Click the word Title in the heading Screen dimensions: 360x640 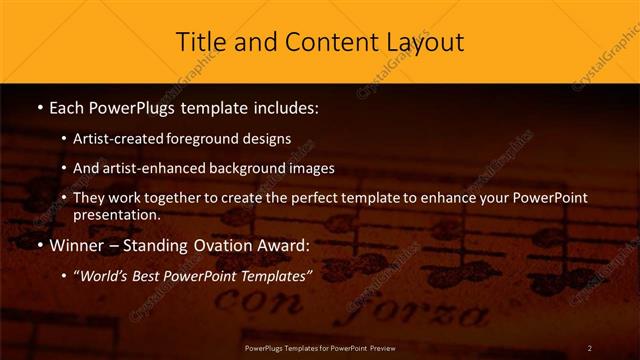[201, 43]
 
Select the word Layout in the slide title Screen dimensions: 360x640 [423, 43]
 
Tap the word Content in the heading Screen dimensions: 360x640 [317, 43]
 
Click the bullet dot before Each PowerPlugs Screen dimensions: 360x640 [38, 106]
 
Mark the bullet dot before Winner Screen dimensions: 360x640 [38, 245]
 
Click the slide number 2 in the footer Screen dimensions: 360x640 [590, 347]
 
